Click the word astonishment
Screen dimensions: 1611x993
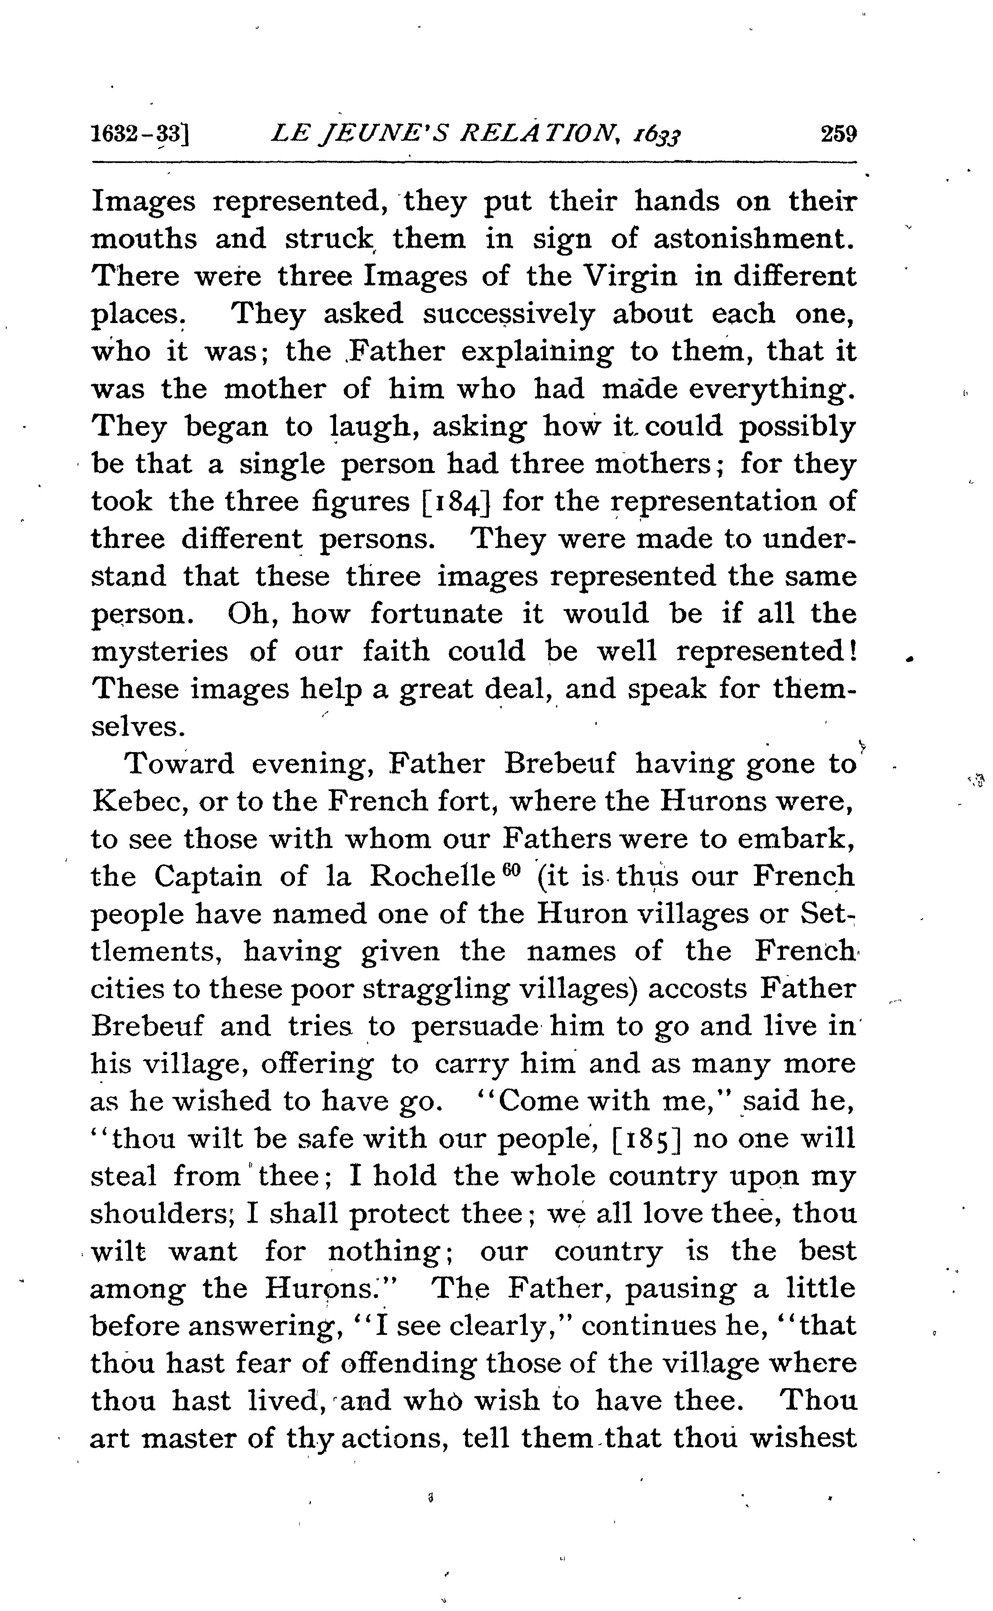pyautogui.click(x=754, y=238)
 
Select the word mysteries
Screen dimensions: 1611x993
pyautogui.click(x=160, y=652)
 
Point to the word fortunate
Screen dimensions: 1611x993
pyautogui.click(x=436, y=614)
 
